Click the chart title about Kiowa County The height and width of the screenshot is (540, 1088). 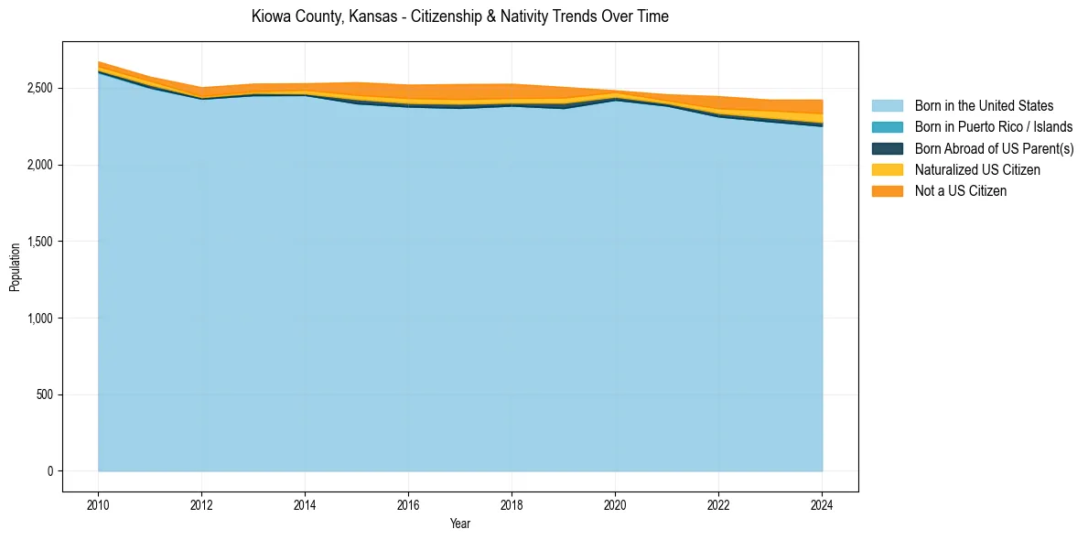point(459,16)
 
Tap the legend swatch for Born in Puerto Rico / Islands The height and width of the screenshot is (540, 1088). point(887,127)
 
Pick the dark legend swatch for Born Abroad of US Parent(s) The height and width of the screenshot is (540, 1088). point(887,148)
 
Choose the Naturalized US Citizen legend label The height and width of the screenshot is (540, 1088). point(977,170)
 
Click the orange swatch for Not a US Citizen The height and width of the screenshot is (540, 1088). point(887,191)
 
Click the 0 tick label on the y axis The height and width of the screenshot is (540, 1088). point(51,471)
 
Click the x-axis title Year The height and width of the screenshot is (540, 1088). point(460,524)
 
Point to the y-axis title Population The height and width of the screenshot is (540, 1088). point(15,266)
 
